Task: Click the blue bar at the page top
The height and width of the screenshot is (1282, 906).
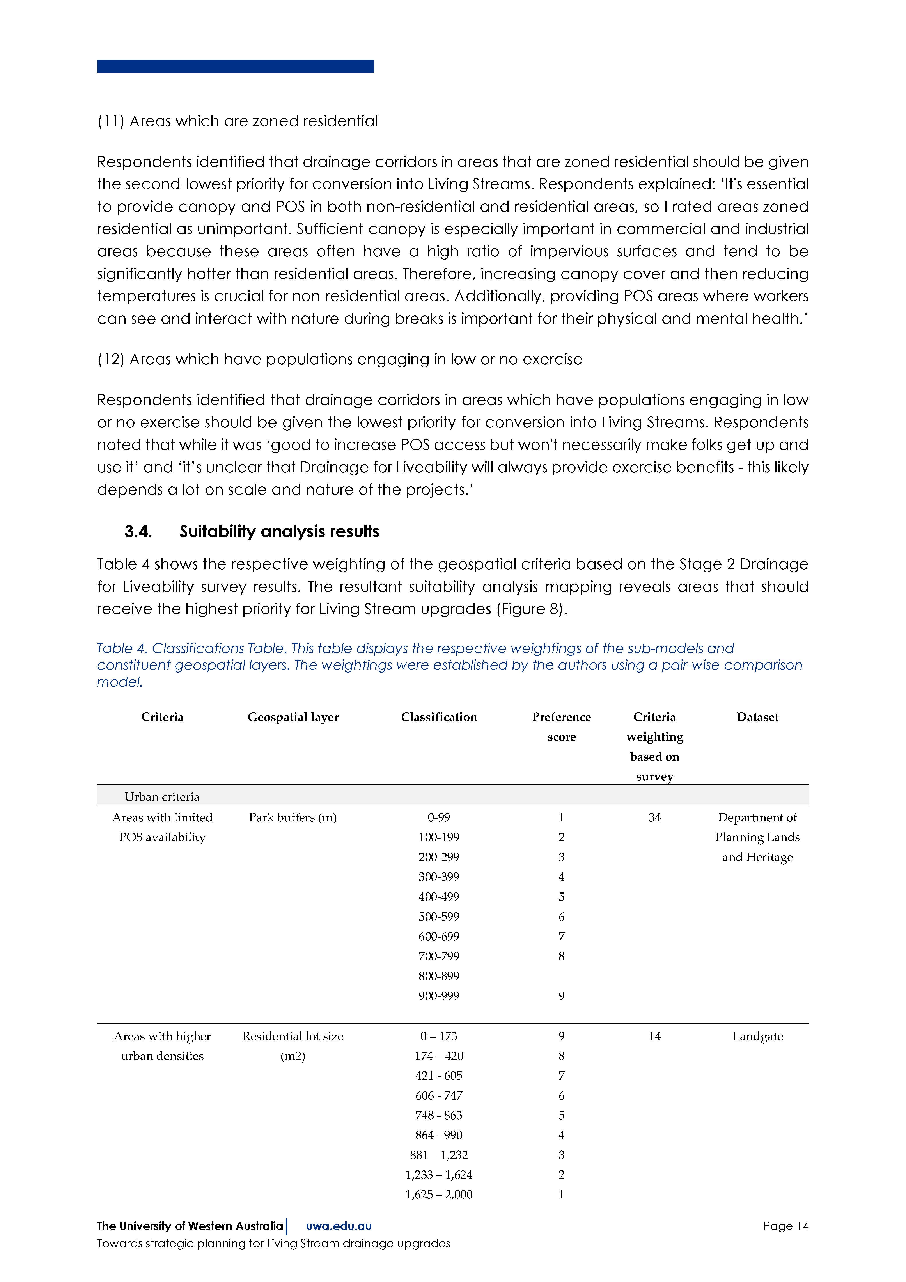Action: (235, 66)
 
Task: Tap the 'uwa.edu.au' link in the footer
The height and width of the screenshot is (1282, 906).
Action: (339, 1226)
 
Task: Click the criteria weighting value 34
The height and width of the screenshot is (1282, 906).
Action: (654, 817)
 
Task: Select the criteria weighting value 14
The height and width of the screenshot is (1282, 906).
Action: (654, 1036)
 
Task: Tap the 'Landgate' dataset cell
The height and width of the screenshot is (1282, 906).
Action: (757, 1036)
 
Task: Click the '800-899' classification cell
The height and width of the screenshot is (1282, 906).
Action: (439, 976)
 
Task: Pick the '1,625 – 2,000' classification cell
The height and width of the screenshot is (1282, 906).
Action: (439, 1194)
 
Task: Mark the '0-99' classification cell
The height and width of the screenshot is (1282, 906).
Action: (439, 817)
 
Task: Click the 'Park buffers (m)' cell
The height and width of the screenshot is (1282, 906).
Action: (293, 817)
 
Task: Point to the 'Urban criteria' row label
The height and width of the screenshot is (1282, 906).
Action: (162, 797)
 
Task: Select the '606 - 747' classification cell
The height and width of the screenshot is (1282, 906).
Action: (439, 1095)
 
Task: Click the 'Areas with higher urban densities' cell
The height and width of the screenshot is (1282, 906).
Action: (162, 1046)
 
